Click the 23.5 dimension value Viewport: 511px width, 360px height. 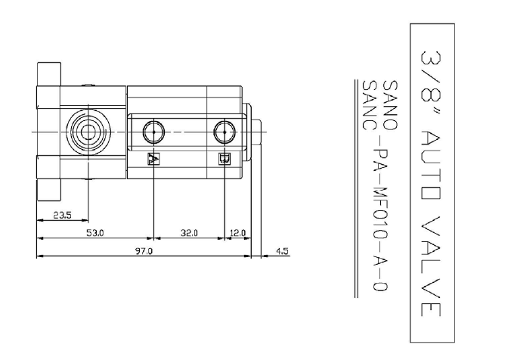62,216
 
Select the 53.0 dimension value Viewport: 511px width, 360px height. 95,233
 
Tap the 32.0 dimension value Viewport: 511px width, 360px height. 189,233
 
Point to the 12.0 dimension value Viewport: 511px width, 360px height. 237,233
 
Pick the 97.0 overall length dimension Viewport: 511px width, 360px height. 144,251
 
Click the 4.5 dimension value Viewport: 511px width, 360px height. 282,251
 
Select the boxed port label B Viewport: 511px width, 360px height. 225,159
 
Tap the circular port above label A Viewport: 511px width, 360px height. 153,132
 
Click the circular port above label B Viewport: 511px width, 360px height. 225,132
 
